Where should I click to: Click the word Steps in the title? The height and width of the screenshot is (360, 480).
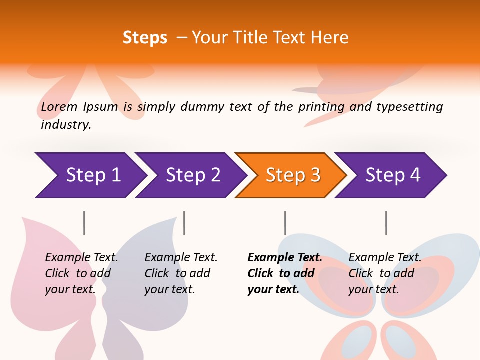(x=145, y=38)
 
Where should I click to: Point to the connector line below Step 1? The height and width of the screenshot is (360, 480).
(x=84, y=223)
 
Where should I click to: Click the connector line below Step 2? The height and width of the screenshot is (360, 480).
(x=184, y=223)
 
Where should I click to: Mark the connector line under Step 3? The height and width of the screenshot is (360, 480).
(x=285, y=223)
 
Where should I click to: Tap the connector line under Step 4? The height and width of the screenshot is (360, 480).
(x=386, y=223)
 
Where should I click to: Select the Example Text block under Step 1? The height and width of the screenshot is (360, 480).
(x=81, y=273)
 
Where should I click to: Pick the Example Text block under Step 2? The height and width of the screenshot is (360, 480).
(x=181, y=273)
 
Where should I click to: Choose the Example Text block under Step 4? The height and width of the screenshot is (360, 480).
(x=385, y=273)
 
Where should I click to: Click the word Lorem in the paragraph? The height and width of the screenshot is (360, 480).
(x=59, y=106)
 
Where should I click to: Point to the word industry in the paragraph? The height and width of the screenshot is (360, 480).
(x=66, y=125)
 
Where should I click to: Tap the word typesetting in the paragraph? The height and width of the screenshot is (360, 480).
(x=409, y=107)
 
